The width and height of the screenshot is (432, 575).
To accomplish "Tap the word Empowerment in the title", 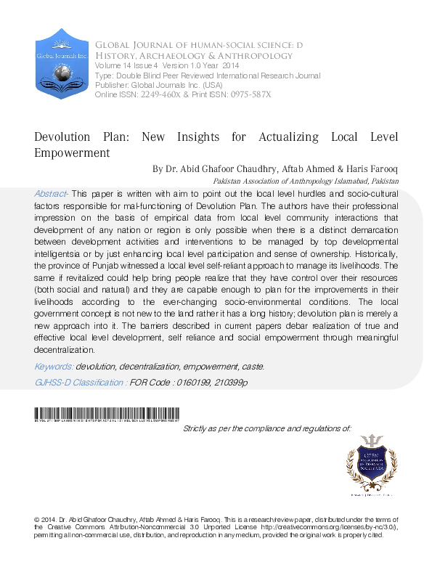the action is (72, 153).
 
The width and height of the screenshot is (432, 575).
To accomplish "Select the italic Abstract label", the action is (51, 195).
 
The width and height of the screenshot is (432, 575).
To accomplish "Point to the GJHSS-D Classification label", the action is (81, 381).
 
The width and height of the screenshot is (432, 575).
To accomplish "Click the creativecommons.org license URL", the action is (335, 528).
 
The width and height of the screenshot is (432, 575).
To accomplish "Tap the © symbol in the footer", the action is (36, 521).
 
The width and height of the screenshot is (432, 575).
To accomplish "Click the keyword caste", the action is (253, 367).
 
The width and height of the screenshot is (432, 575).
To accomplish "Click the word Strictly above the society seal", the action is (197, 429).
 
